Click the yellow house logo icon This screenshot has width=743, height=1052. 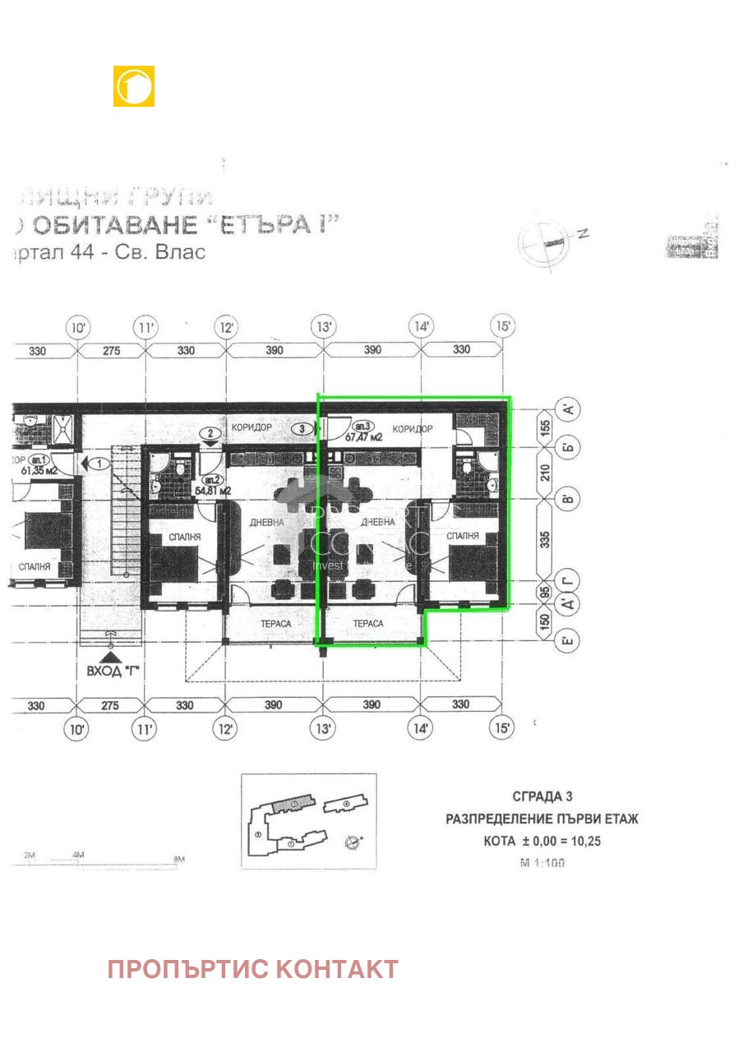tap(134, 86)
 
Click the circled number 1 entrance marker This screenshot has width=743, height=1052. tap(100, 464)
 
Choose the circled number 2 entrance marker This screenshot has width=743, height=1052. tap(211, 433)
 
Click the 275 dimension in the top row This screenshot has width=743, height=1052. tap(112, 350)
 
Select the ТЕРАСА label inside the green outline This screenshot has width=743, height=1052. tap(368, 624)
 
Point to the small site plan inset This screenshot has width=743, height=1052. tap(308, 820)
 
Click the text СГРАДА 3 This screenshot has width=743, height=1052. tap(542, 796)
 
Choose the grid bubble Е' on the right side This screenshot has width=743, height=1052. tap(567, 641)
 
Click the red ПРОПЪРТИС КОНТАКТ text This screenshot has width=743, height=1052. tap(252, 969)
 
